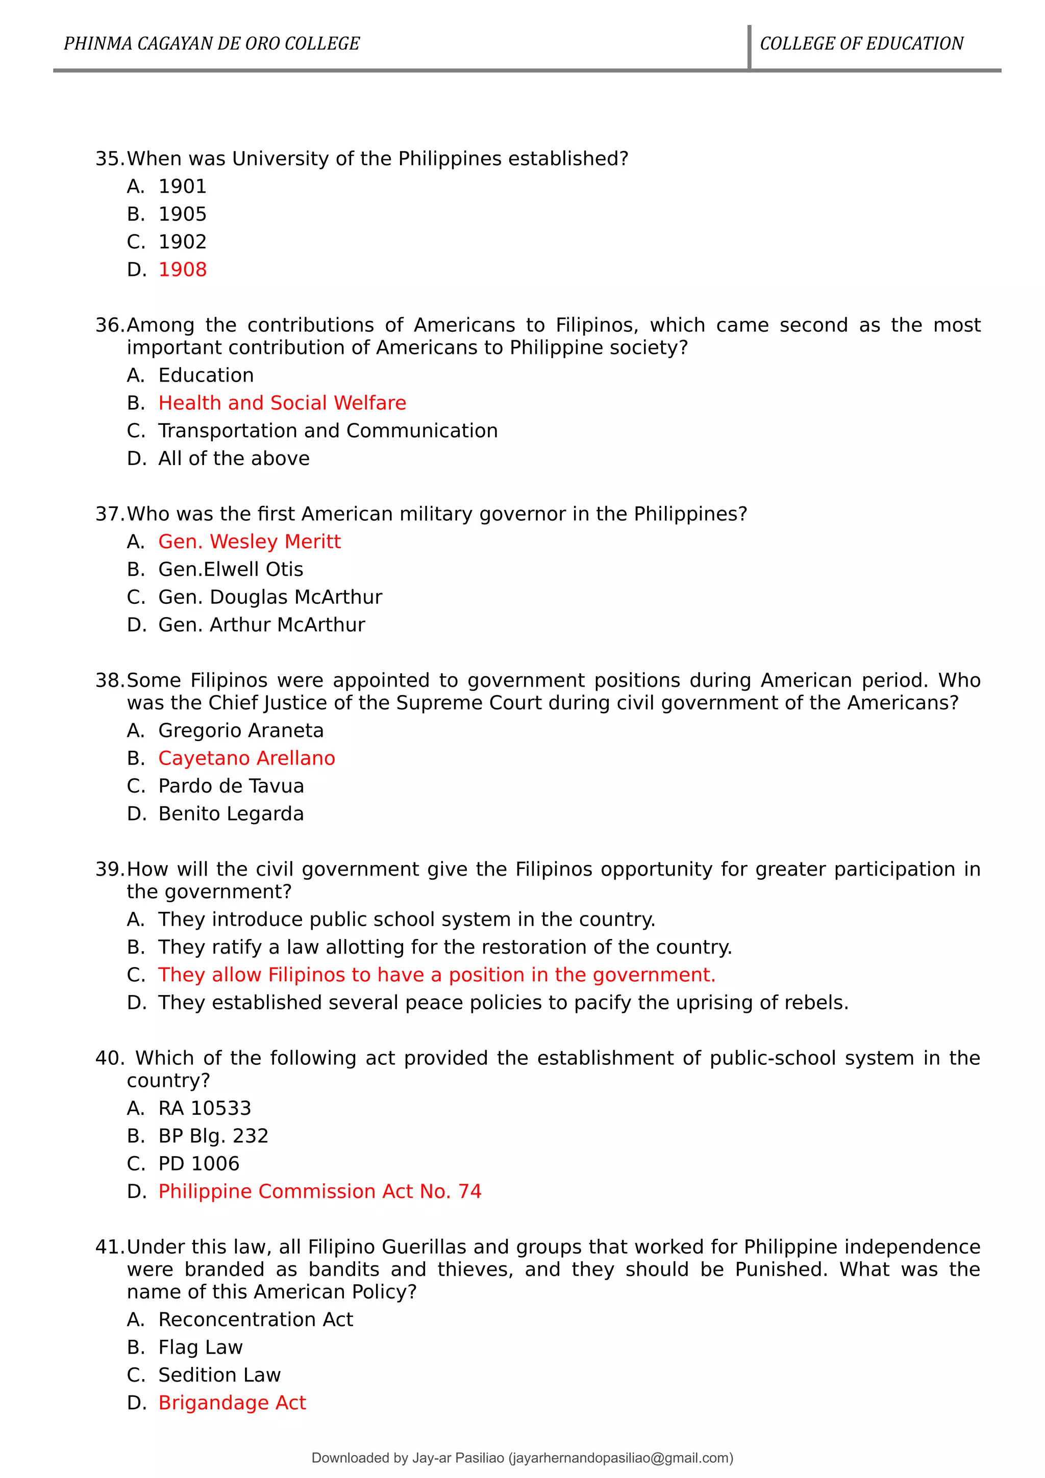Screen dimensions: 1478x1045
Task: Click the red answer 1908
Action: [182, 269]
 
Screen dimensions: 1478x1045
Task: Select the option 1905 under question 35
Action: [182, 214]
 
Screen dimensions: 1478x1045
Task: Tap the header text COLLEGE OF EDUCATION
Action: [861, 44]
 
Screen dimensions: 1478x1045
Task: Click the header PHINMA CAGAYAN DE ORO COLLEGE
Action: [211, 44]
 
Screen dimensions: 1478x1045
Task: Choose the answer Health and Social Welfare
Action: [282, 403]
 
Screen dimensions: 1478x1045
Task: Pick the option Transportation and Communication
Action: [328, 430]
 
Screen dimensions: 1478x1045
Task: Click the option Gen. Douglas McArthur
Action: [270, 597]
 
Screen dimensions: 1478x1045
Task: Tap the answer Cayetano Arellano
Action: [246, 758]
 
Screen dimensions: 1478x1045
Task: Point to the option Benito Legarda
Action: [231, 813]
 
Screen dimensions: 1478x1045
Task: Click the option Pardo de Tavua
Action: [231, 786]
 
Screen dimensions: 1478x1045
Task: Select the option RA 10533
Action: [205, 1108]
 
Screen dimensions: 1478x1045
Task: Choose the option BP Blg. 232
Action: [213, 1136]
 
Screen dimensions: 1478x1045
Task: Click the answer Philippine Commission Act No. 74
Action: [319, 1191]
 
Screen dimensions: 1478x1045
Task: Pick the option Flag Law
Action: [200, 1347]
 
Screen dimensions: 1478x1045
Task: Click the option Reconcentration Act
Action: [256, 1320]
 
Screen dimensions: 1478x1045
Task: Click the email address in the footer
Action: [620, 1458]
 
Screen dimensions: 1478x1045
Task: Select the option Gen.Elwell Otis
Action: [231, 569]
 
